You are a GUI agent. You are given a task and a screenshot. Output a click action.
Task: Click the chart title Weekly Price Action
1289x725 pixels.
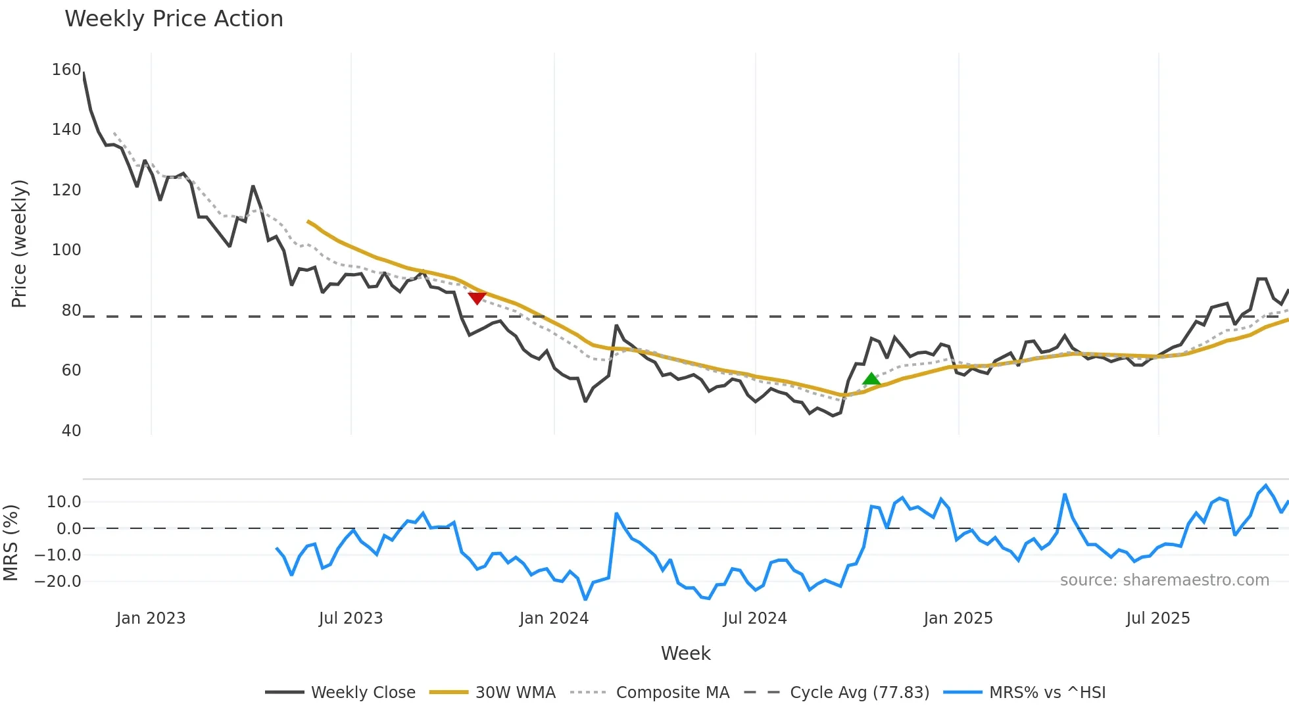174,19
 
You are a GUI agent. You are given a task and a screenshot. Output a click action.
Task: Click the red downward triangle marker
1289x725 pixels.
477,298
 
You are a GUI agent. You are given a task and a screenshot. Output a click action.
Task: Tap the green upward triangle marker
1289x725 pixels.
871,379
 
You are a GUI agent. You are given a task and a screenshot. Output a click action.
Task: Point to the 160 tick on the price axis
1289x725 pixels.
66,70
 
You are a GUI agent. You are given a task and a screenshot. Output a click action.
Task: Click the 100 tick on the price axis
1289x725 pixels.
66,250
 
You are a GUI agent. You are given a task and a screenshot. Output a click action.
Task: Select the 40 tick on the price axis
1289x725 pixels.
71,431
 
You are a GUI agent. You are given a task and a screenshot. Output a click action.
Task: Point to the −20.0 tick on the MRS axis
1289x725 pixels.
58,582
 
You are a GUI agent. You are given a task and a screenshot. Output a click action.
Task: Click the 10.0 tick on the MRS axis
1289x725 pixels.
64,502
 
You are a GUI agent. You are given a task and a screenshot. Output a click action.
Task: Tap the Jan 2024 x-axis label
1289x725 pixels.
554,618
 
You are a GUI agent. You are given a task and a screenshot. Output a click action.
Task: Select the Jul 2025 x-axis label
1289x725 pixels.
1157,618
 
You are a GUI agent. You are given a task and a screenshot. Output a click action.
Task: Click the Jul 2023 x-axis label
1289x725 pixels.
351,618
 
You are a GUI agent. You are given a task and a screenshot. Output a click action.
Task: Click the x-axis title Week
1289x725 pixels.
685,653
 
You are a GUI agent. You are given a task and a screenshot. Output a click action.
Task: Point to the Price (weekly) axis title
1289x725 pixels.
19,243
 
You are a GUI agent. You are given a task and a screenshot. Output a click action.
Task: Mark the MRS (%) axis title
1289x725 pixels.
11,543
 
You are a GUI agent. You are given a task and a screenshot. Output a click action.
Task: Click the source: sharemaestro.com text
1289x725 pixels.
1164,580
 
